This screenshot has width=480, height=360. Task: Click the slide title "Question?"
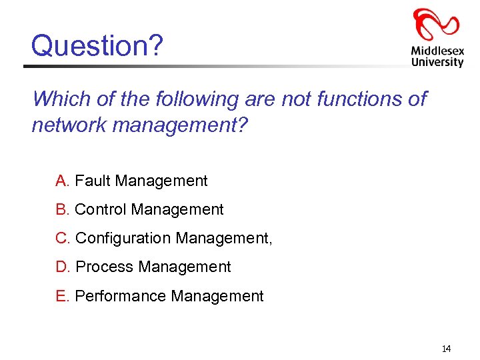coord(97,45)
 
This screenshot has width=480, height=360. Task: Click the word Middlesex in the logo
coord(437,50)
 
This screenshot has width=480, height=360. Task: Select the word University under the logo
coord(437,62)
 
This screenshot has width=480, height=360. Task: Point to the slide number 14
coord(446,349)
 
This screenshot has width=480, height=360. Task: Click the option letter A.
coord(62,181)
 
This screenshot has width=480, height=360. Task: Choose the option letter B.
coord(62,209)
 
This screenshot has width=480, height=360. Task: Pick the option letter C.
coord(63,238)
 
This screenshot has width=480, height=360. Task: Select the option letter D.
coord(63,267)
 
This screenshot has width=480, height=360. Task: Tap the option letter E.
coord(62,296)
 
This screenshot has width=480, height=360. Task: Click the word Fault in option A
coord(93,181)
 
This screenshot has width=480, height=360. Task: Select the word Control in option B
coord(101,209)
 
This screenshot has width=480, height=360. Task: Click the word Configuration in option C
coord(123,238)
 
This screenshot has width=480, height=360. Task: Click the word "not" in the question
coord(297,99)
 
